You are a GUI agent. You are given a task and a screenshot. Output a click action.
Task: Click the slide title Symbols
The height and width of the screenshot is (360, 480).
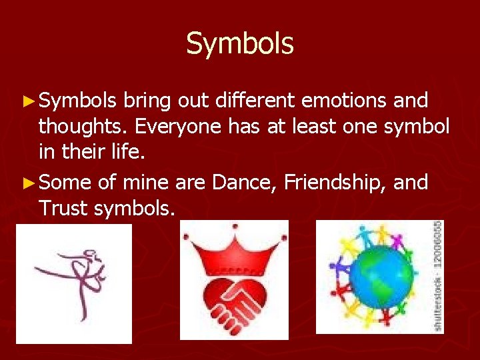click(239, 44)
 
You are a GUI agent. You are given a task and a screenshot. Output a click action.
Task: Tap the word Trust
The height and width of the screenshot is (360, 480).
click(63, 209)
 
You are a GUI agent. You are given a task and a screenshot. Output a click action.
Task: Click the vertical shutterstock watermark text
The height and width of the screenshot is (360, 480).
click(438, 276)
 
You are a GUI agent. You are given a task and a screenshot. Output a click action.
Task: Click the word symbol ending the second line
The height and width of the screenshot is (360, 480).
click(417, 127)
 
